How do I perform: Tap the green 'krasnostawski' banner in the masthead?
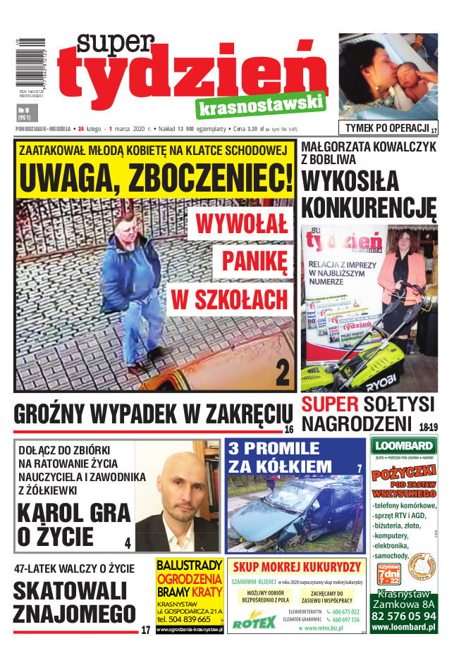click(x=262, y=107)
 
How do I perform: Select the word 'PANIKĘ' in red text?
click(x=255, y=262)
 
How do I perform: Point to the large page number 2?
click(x=282, y=373)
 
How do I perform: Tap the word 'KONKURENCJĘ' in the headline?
click(x=369, y=209)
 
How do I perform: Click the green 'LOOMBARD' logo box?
click(x=403, y=445)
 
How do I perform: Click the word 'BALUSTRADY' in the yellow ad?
click(x=190, y=566)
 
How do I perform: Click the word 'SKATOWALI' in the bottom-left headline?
click(x=70, y=590)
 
